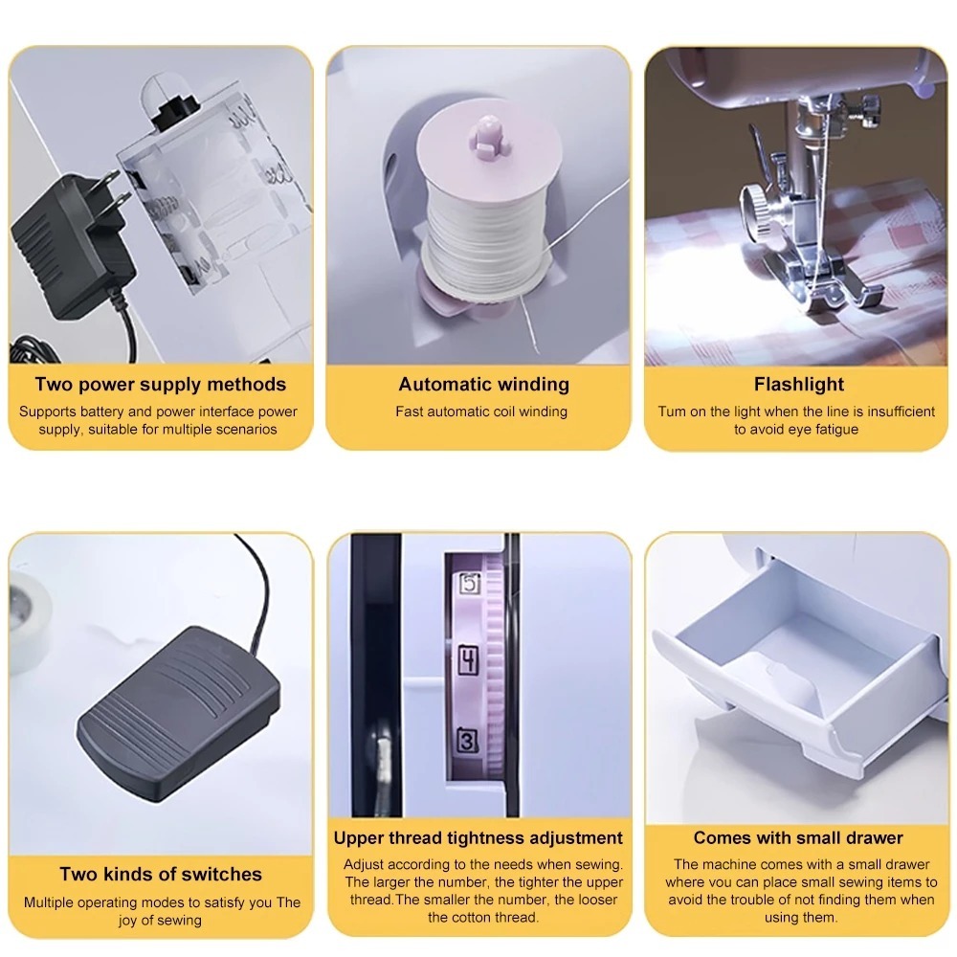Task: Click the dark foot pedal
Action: pyautogui.click(x=178, y=713)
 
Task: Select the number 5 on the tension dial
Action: pyautogui.click(x=469, y=584)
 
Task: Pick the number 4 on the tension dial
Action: pyautogui.click(x=468, y=660)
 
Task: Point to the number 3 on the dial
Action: pyautogui.click(x=468, y=741)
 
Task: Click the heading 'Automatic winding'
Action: pyautogui.click(x=483, y=385)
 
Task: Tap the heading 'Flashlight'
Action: pyautogui.click(x=799, y=384)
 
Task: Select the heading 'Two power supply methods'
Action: pyautogui.click(x=161, y=385)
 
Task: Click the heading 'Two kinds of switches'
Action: pyautogui.click(x=161, y=874)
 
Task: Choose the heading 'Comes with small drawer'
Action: pyautogui.click(x=798, y=837)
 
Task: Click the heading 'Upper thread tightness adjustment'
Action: pyautogui.click(x=478, y=837)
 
